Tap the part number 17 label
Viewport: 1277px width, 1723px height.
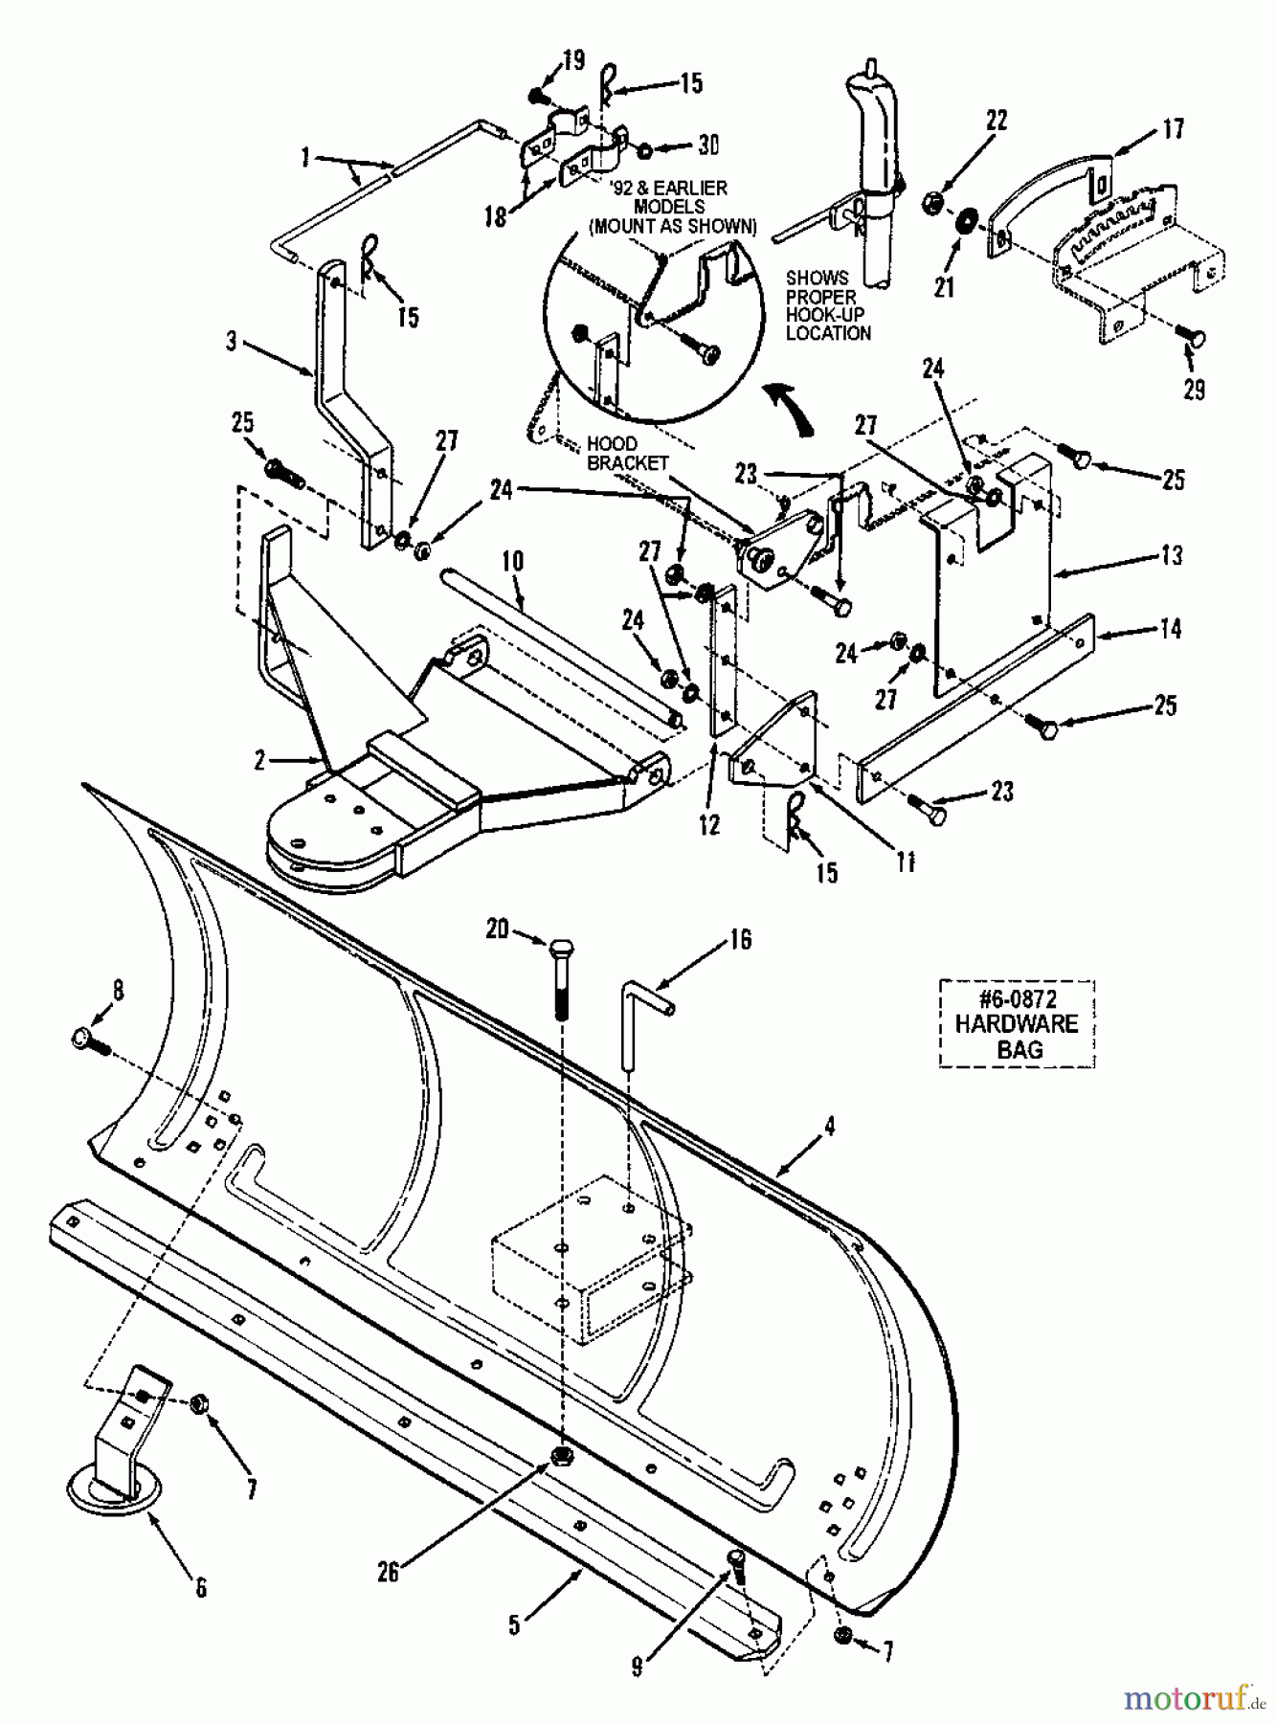tap(1173, 128)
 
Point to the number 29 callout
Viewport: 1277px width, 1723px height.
tap(1194, 390)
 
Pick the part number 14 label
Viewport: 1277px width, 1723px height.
tap(1171, 629)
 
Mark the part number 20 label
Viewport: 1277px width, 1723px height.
tap(496, 929)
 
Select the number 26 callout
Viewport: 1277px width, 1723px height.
tap(387, 1572)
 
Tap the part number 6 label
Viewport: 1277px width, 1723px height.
tap(200, 1588)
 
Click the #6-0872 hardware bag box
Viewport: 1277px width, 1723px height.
tap(1017, 1023)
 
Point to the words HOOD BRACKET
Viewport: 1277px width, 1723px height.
tap(627, 453)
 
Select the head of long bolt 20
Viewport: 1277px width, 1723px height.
tap(562, 948)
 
